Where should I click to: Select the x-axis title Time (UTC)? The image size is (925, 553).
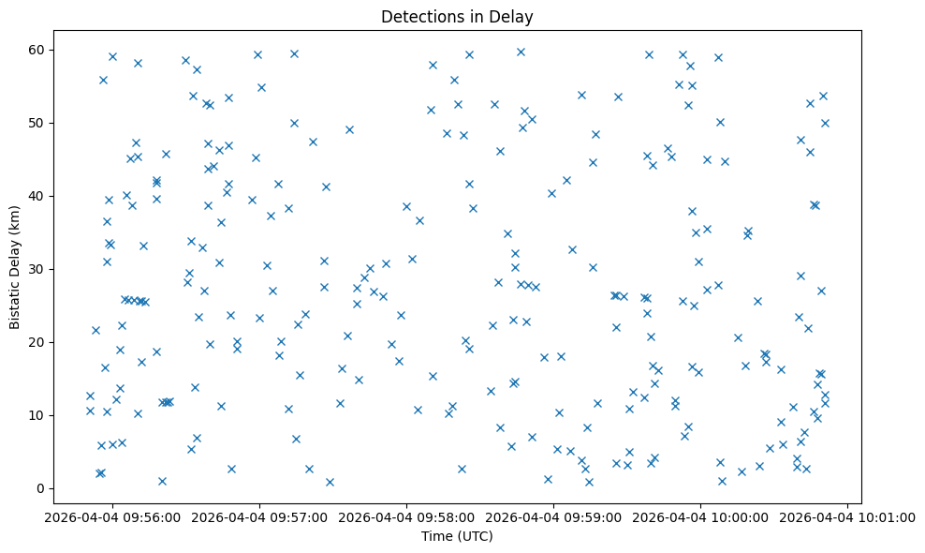[457, 536]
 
